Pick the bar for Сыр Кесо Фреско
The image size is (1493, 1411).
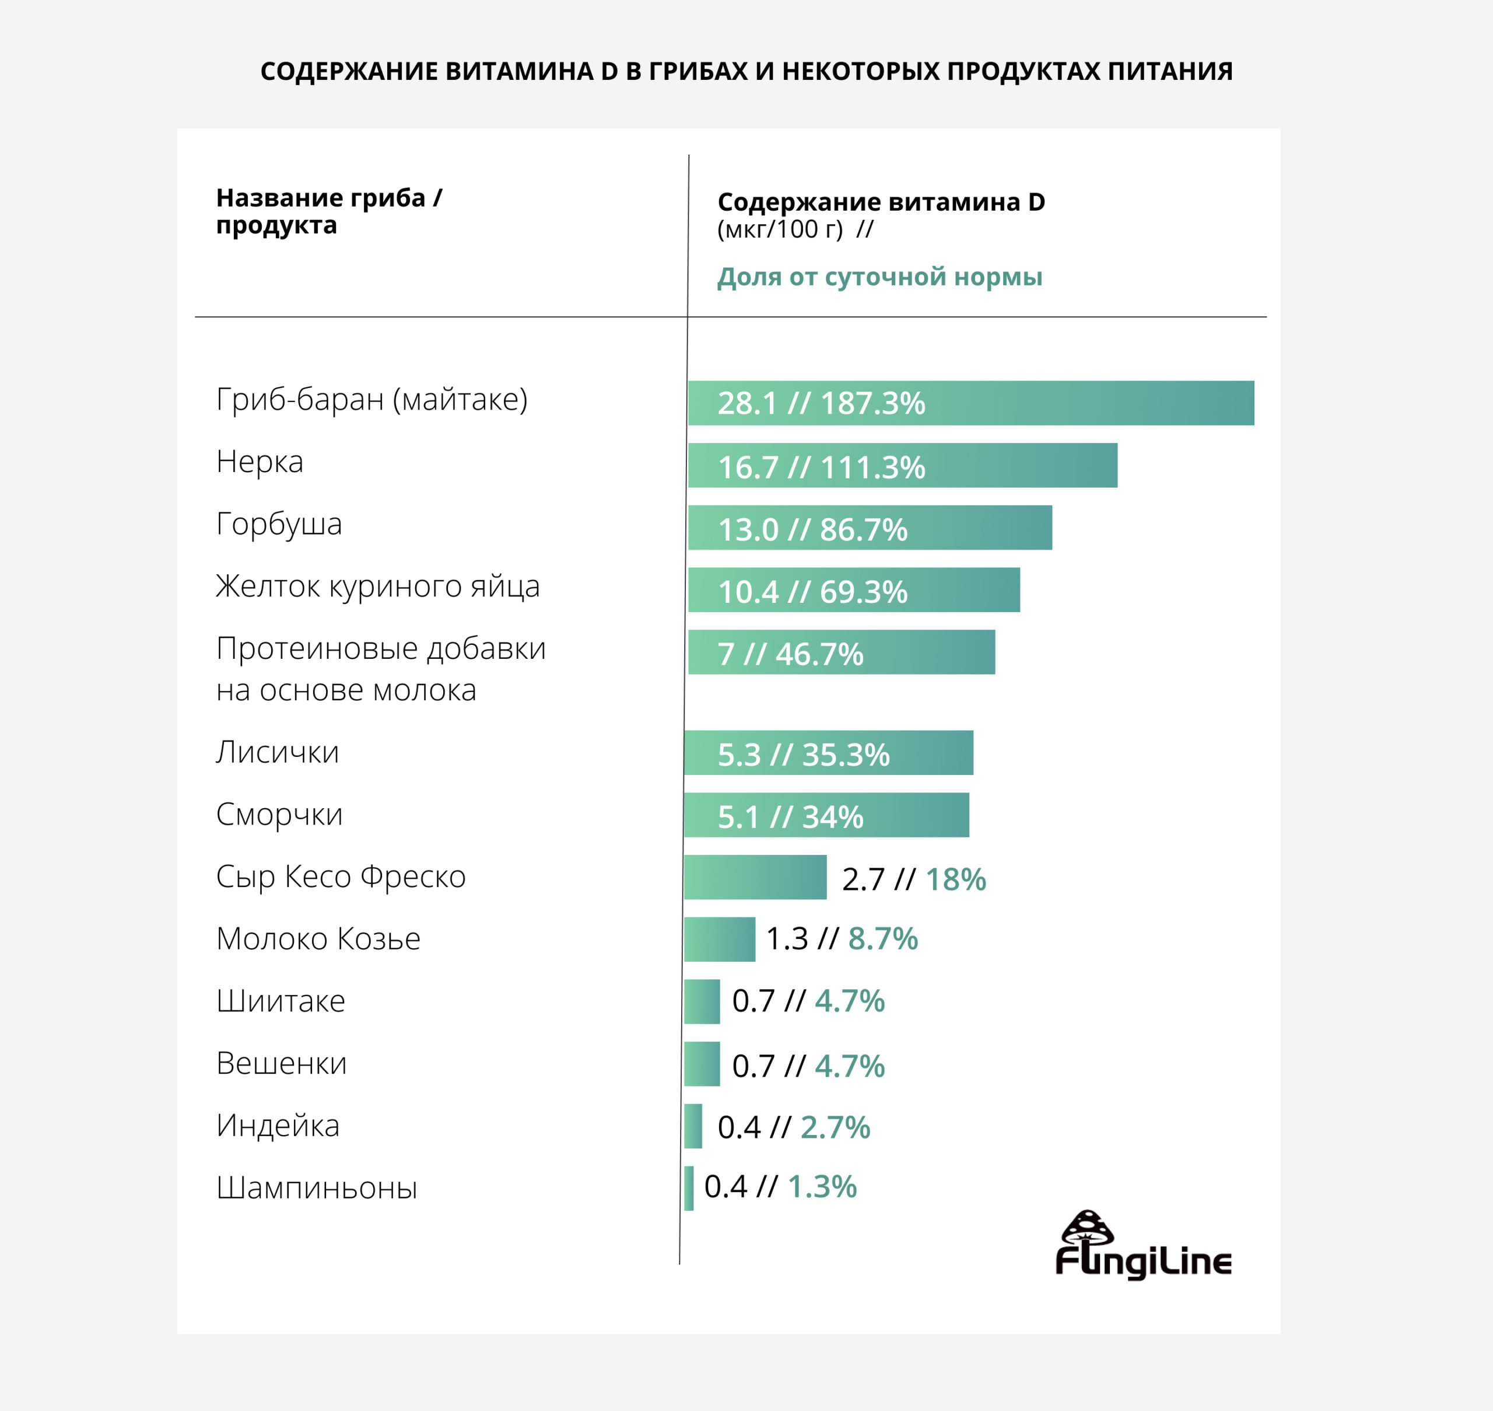tap(755, 877)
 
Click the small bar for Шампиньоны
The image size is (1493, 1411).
tap(689, 1188)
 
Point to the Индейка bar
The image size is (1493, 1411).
tap(693, 1126)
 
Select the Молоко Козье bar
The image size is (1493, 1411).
tap(720, 939)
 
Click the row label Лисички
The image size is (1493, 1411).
tap(278, 752)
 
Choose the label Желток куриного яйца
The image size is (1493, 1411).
tap(377, 586)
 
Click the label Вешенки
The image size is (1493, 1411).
tap(281, 1064)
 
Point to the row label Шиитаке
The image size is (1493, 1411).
tap(281, 1001)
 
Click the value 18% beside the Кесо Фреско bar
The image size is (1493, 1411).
tap(955, 879)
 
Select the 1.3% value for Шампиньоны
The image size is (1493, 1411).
tap(822, 1187)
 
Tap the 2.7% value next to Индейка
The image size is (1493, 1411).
tap(835, 1127)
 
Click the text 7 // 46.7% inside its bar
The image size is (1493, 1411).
tap(790, 654)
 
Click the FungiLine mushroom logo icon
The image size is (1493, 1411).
tap(1087, 1229)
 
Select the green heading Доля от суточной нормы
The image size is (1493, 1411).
tap(879, 277)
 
